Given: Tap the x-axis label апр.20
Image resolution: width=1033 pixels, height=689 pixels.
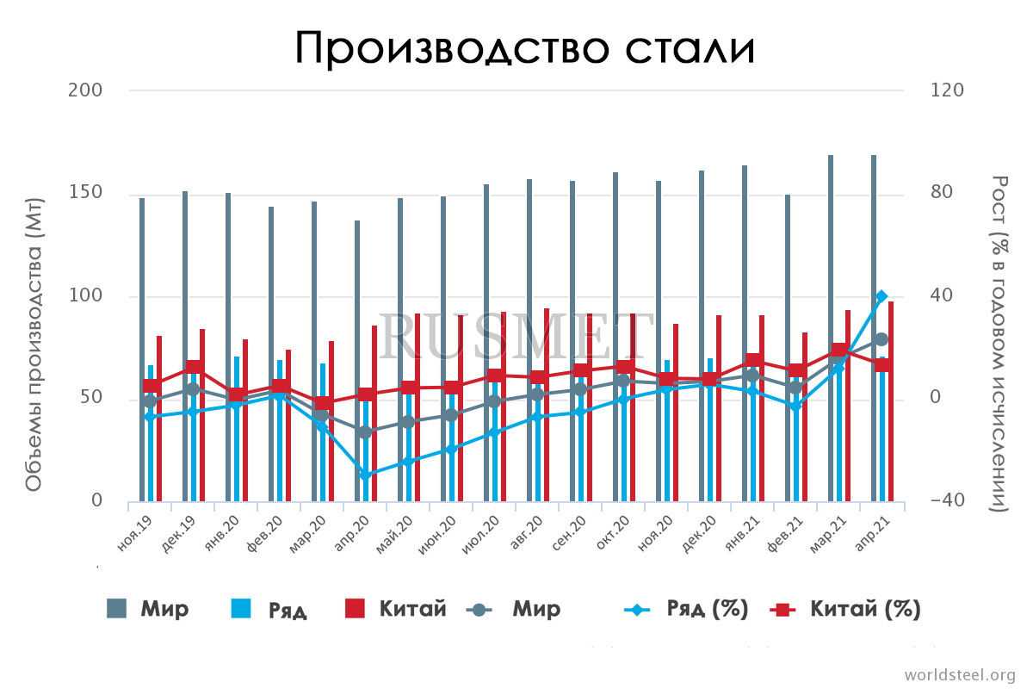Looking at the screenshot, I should pyautogui.click(x=353, y=534).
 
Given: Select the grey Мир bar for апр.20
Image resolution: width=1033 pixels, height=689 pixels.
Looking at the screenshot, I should pyautogui.click(x=357, y=362).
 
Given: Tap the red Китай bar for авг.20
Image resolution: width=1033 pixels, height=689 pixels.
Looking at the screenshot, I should pyautogui.click(x=547, y=405).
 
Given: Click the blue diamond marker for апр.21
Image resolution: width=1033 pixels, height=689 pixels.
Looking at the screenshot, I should pyautogui.click(x=881, y=296).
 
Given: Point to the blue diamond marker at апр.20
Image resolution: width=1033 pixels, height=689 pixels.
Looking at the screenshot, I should pyautogui.click(x=365, y=475).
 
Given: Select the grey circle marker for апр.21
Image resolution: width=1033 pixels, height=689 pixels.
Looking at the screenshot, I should pyautogui.click(x=881, y=339).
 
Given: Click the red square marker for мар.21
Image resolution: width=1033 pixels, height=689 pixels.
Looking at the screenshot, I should pyautogui.click(x=839, y=351).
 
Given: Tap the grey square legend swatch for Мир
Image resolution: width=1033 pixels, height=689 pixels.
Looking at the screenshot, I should pyautogui.click(x=116, y=609).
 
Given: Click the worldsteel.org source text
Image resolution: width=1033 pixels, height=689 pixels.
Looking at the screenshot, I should pyautogui.click(x=960, y=674).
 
